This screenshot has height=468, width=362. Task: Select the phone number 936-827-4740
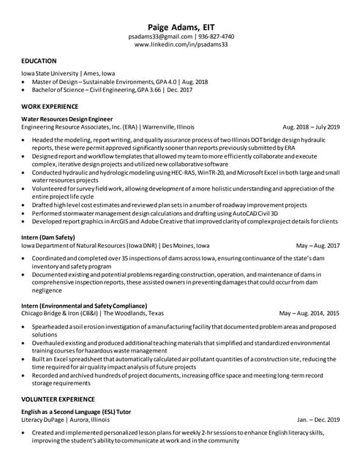pos(216,36)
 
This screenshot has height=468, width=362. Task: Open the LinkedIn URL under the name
pos(181,45)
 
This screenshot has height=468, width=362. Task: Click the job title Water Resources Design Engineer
pos(67,118)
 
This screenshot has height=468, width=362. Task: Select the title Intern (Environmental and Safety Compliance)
pos(84,305)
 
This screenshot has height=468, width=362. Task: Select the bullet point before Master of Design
pos(25,83)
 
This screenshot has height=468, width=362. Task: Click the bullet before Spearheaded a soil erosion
pos(25,326)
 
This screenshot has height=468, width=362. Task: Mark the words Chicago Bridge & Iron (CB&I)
pos(61,313)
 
